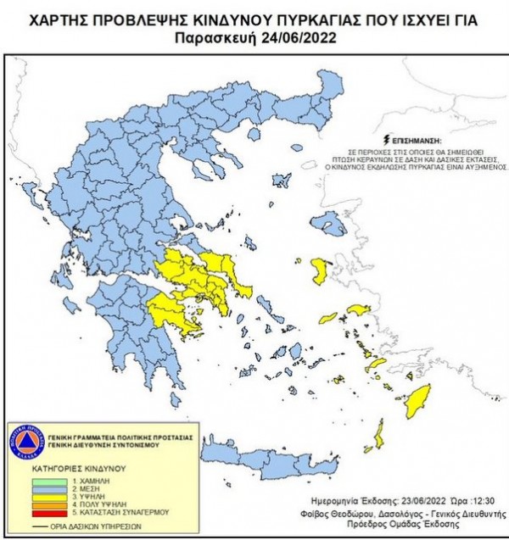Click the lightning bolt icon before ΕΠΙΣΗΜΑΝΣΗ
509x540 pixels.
(x=388, y=137)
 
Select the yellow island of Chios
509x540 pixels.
(x=321, y=271)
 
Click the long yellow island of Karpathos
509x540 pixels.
(x=379, y=438)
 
